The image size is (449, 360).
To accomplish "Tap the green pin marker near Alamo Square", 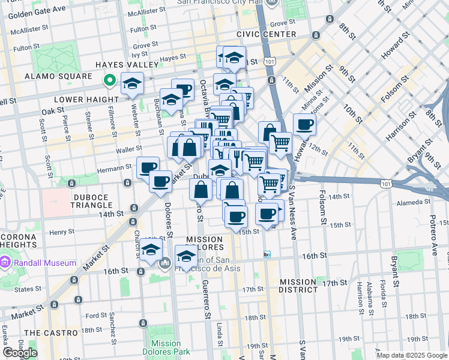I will click(109, 80).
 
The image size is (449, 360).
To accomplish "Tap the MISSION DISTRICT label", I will click(298, 286).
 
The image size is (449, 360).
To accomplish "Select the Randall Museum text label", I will click(46, 263).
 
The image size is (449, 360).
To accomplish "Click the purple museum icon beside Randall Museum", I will click(7, 263).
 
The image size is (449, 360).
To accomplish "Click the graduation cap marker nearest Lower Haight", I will click(131, 85).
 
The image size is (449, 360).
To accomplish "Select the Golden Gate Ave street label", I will click(37, 10).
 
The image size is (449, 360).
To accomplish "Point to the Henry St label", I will click(62, 232).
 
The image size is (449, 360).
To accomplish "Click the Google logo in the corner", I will click(20, 353).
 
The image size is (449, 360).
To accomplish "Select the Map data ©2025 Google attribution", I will click(411, 355).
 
